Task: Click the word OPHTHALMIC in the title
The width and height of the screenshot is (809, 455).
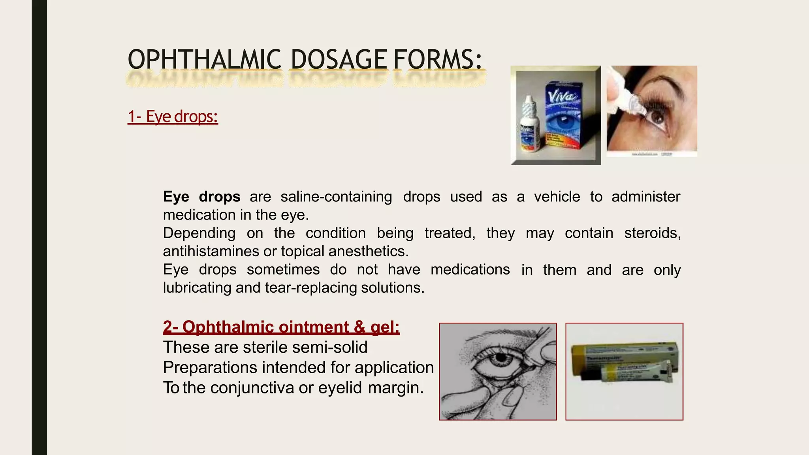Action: [204, 60]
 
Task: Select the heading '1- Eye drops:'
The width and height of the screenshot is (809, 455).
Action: [173, 117]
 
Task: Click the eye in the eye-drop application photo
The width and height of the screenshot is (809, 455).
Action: [657, 117]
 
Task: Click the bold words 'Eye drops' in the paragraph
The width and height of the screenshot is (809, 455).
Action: [201, 197]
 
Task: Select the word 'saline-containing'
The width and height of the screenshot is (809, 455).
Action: [336, 197]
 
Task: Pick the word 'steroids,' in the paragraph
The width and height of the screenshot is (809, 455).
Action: [653, 233]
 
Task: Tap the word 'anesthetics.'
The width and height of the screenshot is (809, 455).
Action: [368, 251]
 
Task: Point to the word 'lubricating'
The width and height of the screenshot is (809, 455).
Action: [198, 288]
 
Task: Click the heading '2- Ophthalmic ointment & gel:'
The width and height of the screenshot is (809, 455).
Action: [281, 327]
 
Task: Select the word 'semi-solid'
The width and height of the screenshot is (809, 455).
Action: [327, 347]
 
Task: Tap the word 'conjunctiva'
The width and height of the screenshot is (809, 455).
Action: [252, 387]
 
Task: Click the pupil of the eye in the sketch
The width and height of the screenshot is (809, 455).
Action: [500, 358]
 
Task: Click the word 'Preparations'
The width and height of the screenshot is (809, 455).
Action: [210, 367]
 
